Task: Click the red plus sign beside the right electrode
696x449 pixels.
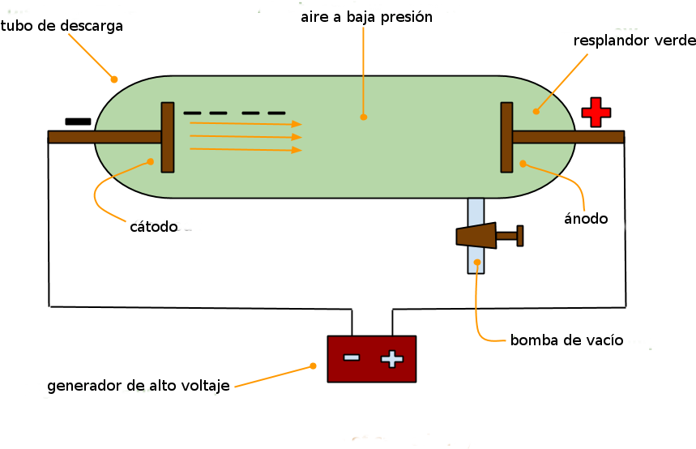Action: [596, 112]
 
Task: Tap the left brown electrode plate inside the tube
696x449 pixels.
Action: [168, 137]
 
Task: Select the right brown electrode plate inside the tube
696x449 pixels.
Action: [506, 137]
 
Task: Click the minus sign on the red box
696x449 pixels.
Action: [352, 357]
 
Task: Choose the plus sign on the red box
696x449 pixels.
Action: [392, 358]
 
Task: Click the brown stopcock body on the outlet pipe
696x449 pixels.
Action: [477, 235]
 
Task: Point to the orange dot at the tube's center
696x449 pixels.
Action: [364, 117]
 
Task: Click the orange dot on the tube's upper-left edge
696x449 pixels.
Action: [114, 79]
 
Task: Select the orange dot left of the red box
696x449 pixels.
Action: [313, 366]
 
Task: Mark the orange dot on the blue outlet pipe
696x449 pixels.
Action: [477, 263]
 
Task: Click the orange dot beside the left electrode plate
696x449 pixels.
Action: [150, 161]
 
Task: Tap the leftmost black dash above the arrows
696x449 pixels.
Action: [192, 113]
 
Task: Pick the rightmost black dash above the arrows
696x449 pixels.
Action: [276, 113]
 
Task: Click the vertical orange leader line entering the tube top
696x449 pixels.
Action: [363, 65]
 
